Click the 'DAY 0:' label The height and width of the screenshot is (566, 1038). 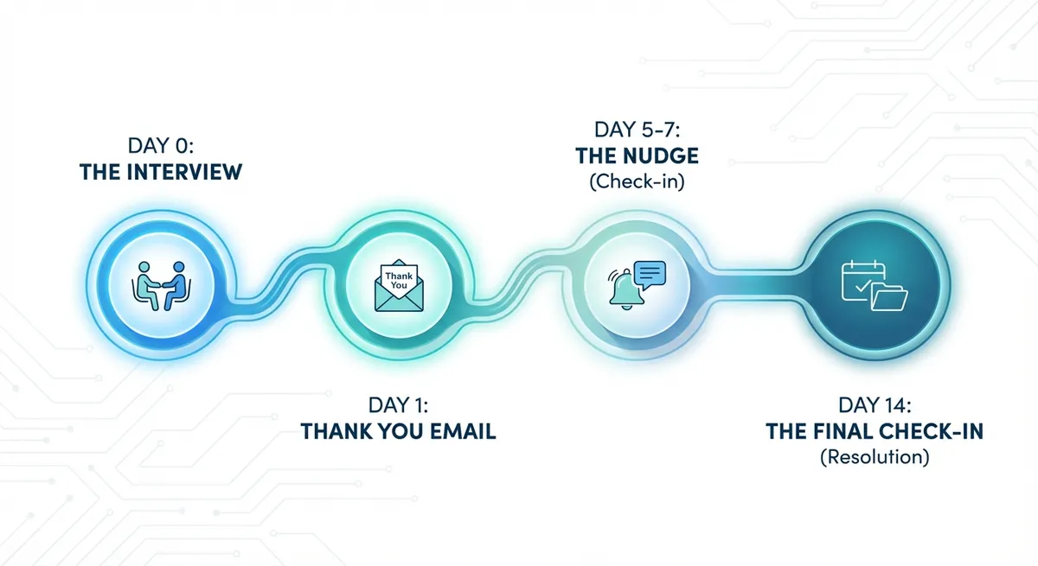[160, 145]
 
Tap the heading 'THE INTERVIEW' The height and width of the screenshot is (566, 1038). [161, 172]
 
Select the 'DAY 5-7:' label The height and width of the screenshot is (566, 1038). [638, 130]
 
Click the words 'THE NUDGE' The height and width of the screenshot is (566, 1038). [638, 156]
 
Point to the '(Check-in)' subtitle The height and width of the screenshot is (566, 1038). [638, 181]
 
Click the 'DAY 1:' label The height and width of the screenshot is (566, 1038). [398, 405]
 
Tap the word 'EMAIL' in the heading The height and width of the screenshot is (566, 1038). [463, 431]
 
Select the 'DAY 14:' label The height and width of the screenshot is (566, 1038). [875, 405]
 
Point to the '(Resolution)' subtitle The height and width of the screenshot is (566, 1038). [875, 457]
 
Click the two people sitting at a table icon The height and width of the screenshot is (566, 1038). [161, 285]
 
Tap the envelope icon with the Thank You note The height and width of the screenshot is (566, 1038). [399, 285]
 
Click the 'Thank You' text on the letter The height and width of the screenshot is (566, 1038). [399, 281]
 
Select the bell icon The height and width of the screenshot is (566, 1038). [626, 289]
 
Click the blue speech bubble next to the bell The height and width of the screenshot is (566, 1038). [650, 275]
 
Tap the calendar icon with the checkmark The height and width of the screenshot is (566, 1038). [862, 281]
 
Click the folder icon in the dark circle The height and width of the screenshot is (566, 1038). [889, 296]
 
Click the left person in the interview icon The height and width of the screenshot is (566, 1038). [146, 285]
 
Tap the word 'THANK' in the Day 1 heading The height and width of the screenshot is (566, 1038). [337, 431]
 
